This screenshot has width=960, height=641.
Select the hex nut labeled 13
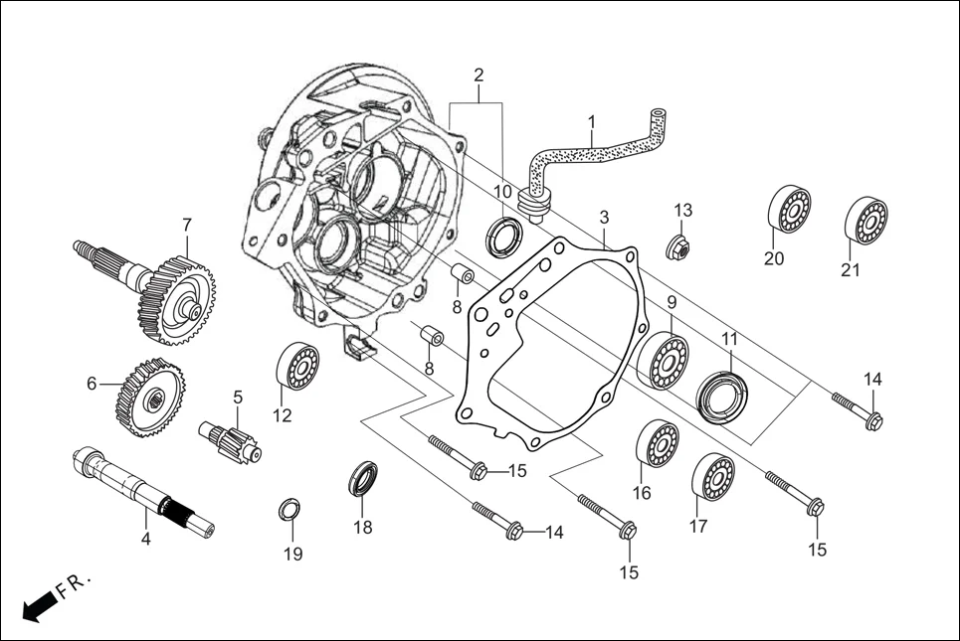(x=679, y=247)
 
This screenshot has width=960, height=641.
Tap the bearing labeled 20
(x=789, y=210)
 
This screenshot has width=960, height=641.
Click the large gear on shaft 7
(x=178, y=299)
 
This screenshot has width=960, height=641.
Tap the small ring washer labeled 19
(x=288, y=511)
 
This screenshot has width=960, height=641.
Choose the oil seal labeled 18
(x=364, y=479)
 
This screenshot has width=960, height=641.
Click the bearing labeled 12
(x=296, y=365)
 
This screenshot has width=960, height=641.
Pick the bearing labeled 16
(x=658, y=445)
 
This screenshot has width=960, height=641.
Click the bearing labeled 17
(x=713, y=477)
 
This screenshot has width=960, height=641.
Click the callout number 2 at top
(x=479, y=75)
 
